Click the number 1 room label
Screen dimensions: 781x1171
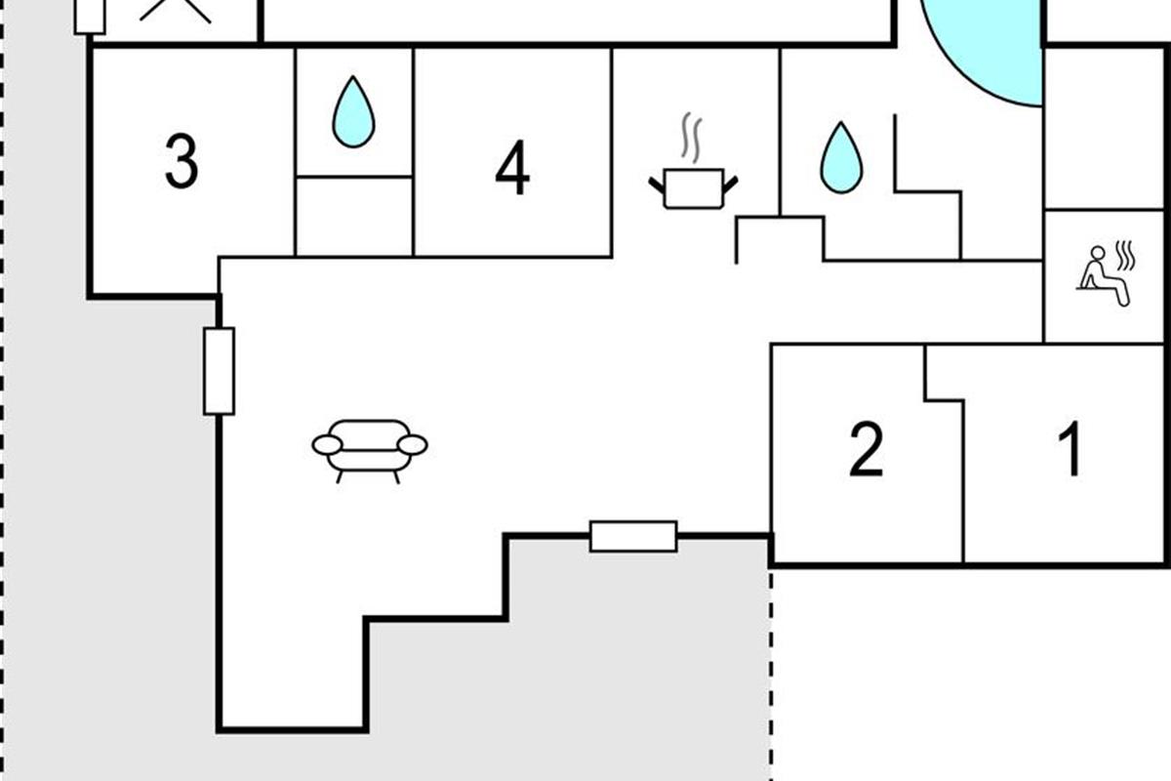pos(1071,449)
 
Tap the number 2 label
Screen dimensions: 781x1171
pos(867,450)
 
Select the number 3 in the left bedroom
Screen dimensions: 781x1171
pos(182,162)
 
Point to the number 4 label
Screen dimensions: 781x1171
pos(512,168)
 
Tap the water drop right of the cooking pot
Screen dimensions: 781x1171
pos(840,157)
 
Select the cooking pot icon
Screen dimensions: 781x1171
pos(694,187)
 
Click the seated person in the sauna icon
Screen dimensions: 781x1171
pos(1101,276)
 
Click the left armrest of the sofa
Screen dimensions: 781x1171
pos(327,445)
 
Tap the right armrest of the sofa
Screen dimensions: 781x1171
pos(413,445)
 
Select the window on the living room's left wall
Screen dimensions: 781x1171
pos(219,371)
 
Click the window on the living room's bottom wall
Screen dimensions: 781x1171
pos(633,536)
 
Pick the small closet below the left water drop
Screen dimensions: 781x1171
pos(353,216)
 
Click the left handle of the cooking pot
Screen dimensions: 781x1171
pos(656,183)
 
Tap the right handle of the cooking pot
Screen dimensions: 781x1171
pos(731,183)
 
